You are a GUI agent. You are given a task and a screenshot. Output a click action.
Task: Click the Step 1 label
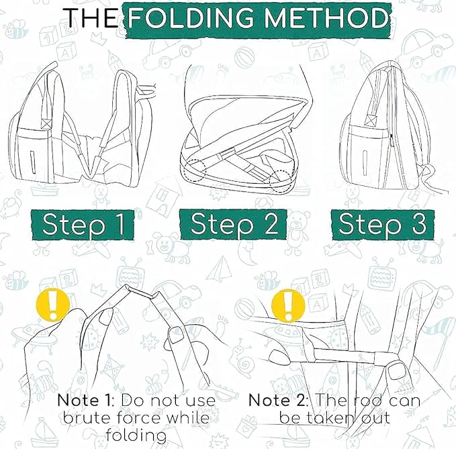pyautogui.click(x=83, y=225)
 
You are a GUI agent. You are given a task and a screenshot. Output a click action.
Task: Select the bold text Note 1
pyautogui.click(x=83, y=401)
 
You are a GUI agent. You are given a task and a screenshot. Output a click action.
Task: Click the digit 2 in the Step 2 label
pyautogui.click(x=267, y=225)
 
